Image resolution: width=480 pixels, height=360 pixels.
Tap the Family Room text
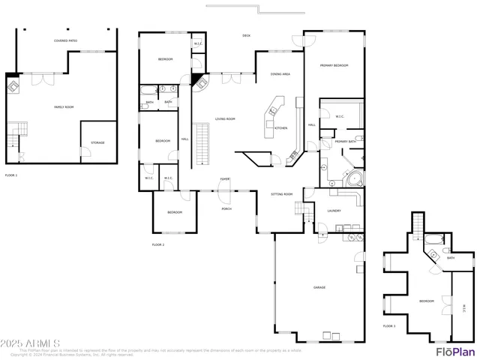click(64, 107)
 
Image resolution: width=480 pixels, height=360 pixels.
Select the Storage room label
click(98, 142)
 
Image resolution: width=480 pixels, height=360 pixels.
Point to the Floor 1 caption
click(11, 175)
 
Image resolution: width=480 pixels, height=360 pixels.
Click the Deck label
click(246, 35)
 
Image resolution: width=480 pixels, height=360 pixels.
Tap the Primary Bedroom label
click(335, 66)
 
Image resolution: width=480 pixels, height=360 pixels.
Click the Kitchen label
click(280, 128)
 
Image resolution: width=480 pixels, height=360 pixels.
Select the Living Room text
click(225, 118)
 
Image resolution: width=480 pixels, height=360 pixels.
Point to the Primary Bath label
click(345, 142)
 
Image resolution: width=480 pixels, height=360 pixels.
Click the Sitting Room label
click(281, 193)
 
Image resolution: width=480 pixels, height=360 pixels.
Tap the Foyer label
click(224, 178)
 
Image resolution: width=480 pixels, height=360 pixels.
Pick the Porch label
click(226, 208)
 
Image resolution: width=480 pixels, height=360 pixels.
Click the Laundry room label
click(334, 211)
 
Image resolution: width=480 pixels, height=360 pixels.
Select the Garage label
click(319, 287)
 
